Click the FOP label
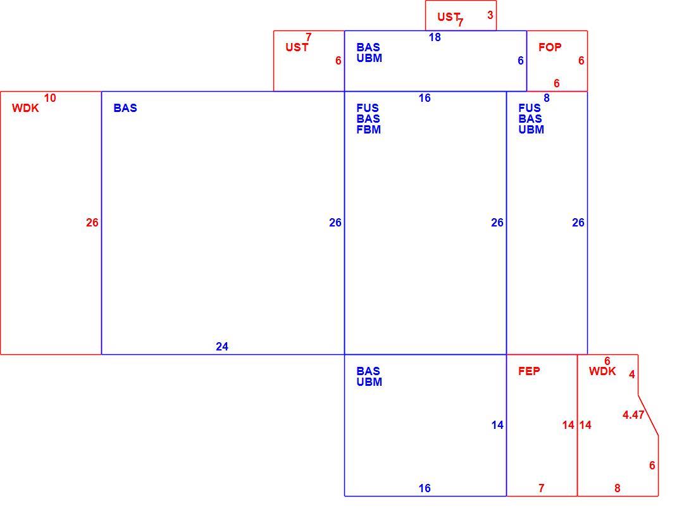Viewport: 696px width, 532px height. coord(549,47)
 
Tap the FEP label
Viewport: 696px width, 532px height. coord(529,371)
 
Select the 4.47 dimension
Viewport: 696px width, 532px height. coord(633,415)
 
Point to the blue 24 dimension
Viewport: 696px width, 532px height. coord(222,347)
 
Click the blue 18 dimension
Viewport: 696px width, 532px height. coord(435,37)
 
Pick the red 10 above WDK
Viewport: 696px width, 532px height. coord(50,98)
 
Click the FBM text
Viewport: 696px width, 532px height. coord(368,130)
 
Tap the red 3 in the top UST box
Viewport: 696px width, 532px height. coord(490,15)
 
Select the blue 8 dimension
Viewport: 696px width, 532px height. coord(547,98)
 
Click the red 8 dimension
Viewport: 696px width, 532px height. coord(617,488)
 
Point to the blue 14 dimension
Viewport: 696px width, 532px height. coord(497,425)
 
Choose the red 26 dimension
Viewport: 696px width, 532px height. coord(92,222)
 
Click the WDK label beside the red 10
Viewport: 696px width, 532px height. coord(25,108)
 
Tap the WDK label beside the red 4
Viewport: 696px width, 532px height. coord(602,371)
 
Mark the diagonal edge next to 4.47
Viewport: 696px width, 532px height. coord(648,416)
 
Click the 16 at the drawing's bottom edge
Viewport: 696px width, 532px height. coord(425,488)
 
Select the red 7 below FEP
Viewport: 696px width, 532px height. coord(541,488)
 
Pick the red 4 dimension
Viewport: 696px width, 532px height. coord(631,374)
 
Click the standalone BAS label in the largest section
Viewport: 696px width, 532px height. coord(125,108)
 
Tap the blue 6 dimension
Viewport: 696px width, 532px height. coord(521,61)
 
